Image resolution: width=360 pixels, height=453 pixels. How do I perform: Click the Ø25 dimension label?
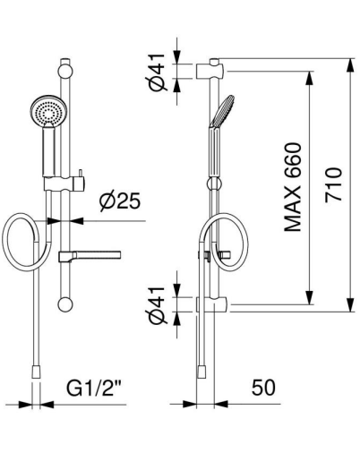click(120, 201)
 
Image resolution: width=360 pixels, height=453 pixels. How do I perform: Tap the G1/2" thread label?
click(93, 388)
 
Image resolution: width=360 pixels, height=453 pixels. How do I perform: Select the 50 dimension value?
click(263, 388)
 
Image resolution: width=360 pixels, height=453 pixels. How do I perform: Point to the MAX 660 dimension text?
click(293, 187)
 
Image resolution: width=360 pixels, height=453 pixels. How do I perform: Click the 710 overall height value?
click(333, 185)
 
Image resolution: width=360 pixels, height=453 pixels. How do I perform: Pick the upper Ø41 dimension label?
click(158, 73)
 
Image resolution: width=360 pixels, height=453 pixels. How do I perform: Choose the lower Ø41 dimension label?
click(158, 305)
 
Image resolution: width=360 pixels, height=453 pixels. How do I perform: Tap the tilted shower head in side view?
click(222, 111)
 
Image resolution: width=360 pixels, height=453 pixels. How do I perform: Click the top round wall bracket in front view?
click(65, 72)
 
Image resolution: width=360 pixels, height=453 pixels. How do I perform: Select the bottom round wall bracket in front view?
click(65, 304)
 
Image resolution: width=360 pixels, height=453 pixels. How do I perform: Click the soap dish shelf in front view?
click(90, 256)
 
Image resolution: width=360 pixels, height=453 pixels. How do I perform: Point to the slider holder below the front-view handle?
click(64, 184)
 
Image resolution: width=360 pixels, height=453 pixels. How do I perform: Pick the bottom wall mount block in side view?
click(212, 304)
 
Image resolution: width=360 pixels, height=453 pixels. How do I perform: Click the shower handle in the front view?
click(49, 151)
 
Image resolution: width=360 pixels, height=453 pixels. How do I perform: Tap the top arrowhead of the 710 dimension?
click(351, 65)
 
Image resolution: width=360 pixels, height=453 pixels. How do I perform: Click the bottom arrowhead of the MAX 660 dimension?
click(310, 298)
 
